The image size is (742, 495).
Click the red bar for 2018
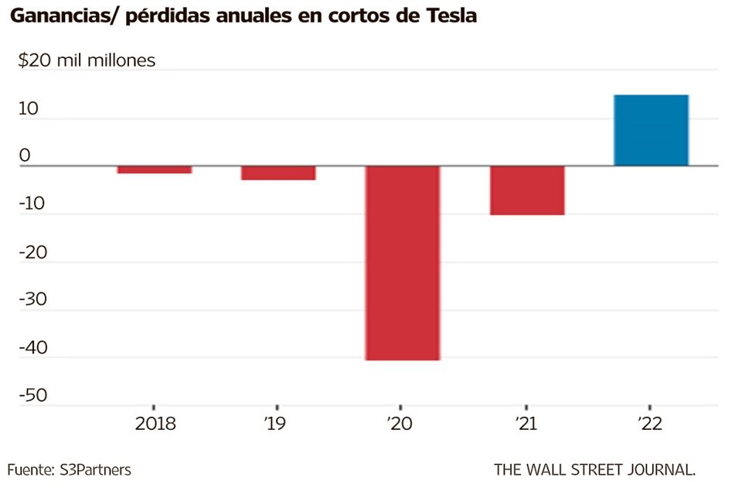coord(155,169)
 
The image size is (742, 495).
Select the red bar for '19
coord(278,172)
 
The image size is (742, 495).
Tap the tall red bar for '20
coord(403,263)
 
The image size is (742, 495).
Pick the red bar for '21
coord(527,190)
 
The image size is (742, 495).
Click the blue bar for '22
coord(651,130)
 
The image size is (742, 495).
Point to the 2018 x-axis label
coord(155,424)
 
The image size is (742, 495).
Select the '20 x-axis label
coord(403,424)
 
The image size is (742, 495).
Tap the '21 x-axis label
coord(526,424)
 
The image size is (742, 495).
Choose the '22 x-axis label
coord(651,424)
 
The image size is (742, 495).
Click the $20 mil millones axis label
coord(87,60)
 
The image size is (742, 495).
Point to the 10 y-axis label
coord(28,109)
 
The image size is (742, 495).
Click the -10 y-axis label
coord(32,204)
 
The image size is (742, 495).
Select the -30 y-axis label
coord(32,300)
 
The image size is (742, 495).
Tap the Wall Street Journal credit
coord(595,469)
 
